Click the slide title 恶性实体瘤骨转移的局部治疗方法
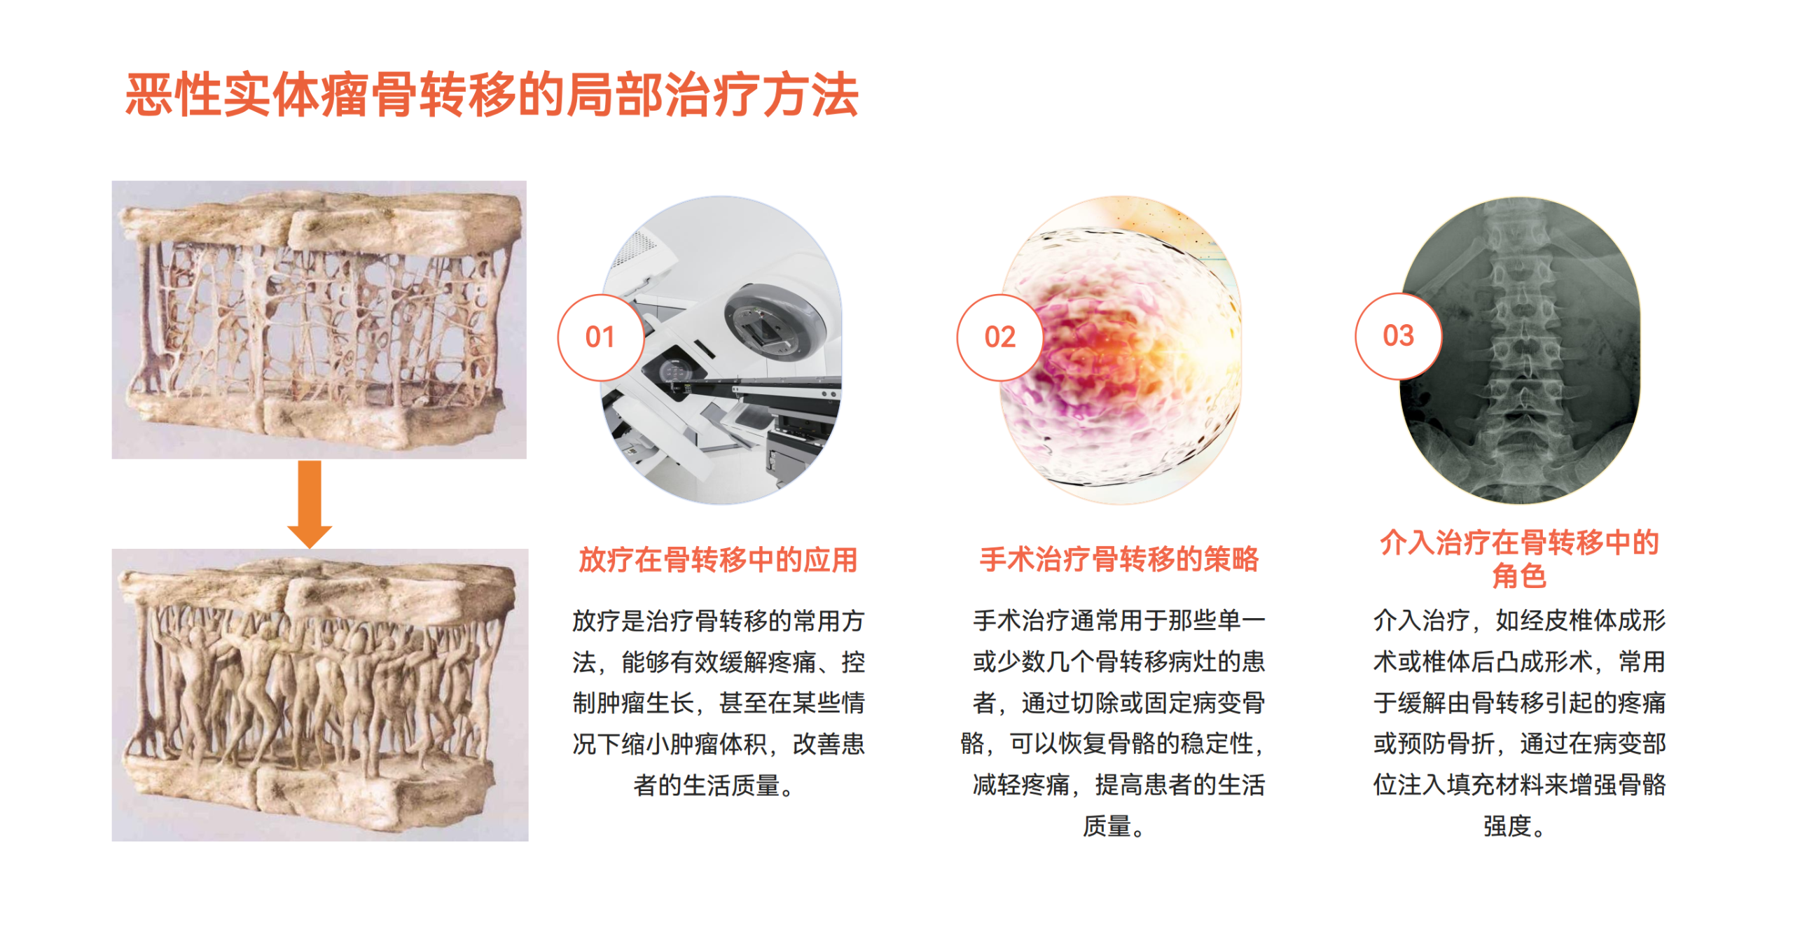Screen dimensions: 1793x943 [492, 95]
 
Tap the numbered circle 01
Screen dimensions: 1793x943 [600, 337]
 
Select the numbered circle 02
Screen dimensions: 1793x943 [999, 337]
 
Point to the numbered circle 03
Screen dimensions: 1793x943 [1398, 336]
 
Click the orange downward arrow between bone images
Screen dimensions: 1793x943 [310, 503]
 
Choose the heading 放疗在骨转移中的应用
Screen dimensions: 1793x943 [718, 560]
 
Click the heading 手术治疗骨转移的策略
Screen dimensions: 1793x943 [1119, 559]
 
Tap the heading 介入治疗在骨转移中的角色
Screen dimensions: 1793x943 [1519, 559]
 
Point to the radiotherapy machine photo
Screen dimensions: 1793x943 [721, 349]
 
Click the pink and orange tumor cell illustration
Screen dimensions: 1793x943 [1121, 349]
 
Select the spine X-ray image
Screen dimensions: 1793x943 [1519, 349]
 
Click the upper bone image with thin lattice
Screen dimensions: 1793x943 [319, 319]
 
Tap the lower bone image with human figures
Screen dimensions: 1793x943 [319, 694]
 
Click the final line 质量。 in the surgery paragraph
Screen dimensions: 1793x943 [1114, 826]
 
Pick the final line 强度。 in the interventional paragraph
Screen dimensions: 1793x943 [1514, 826]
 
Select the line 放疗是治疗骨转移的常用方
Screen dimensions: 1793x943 [718, 621]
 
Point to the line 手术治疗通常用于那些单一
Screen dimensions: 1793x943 [1119, 620]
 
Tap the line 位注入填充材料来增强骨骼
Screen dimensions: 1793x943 [1519, 785]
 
